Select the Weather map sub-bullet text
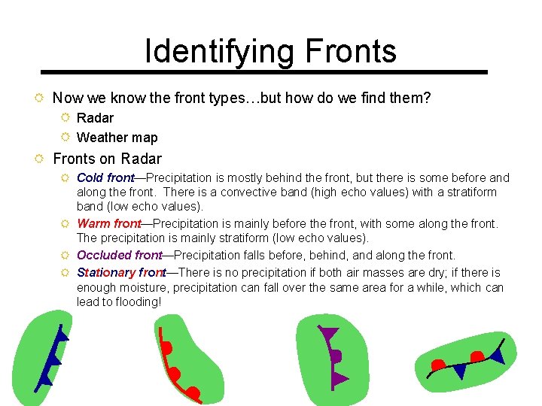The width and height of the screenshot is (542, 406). click(x=117, y=138)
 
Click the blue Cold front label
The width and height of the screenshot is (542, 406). click(x=105, y=178)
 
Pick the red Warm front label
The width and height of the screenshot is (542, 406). click(x=108, y=223)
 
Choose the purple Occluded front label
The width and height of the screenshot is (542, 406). click(x=119, y=256)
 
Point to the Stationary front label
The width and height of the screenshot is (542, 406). click(x=120, y=272)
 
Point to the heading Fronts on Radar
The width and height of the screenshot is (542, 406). click(x=107, y=159)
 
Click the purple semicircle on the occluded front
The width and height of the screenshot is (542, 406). click(x=336, y=356)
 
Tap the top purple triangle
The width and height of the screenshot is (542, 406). click(x=329, y=333)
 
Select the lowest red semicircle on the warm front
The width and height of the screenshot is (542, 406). click(x=193, y=392)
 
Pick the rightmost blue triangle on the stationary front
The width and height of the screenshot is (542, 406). click(x=498, y=353)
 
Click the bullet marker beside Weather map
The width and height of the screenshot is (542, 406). click(x=65, y=137)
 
